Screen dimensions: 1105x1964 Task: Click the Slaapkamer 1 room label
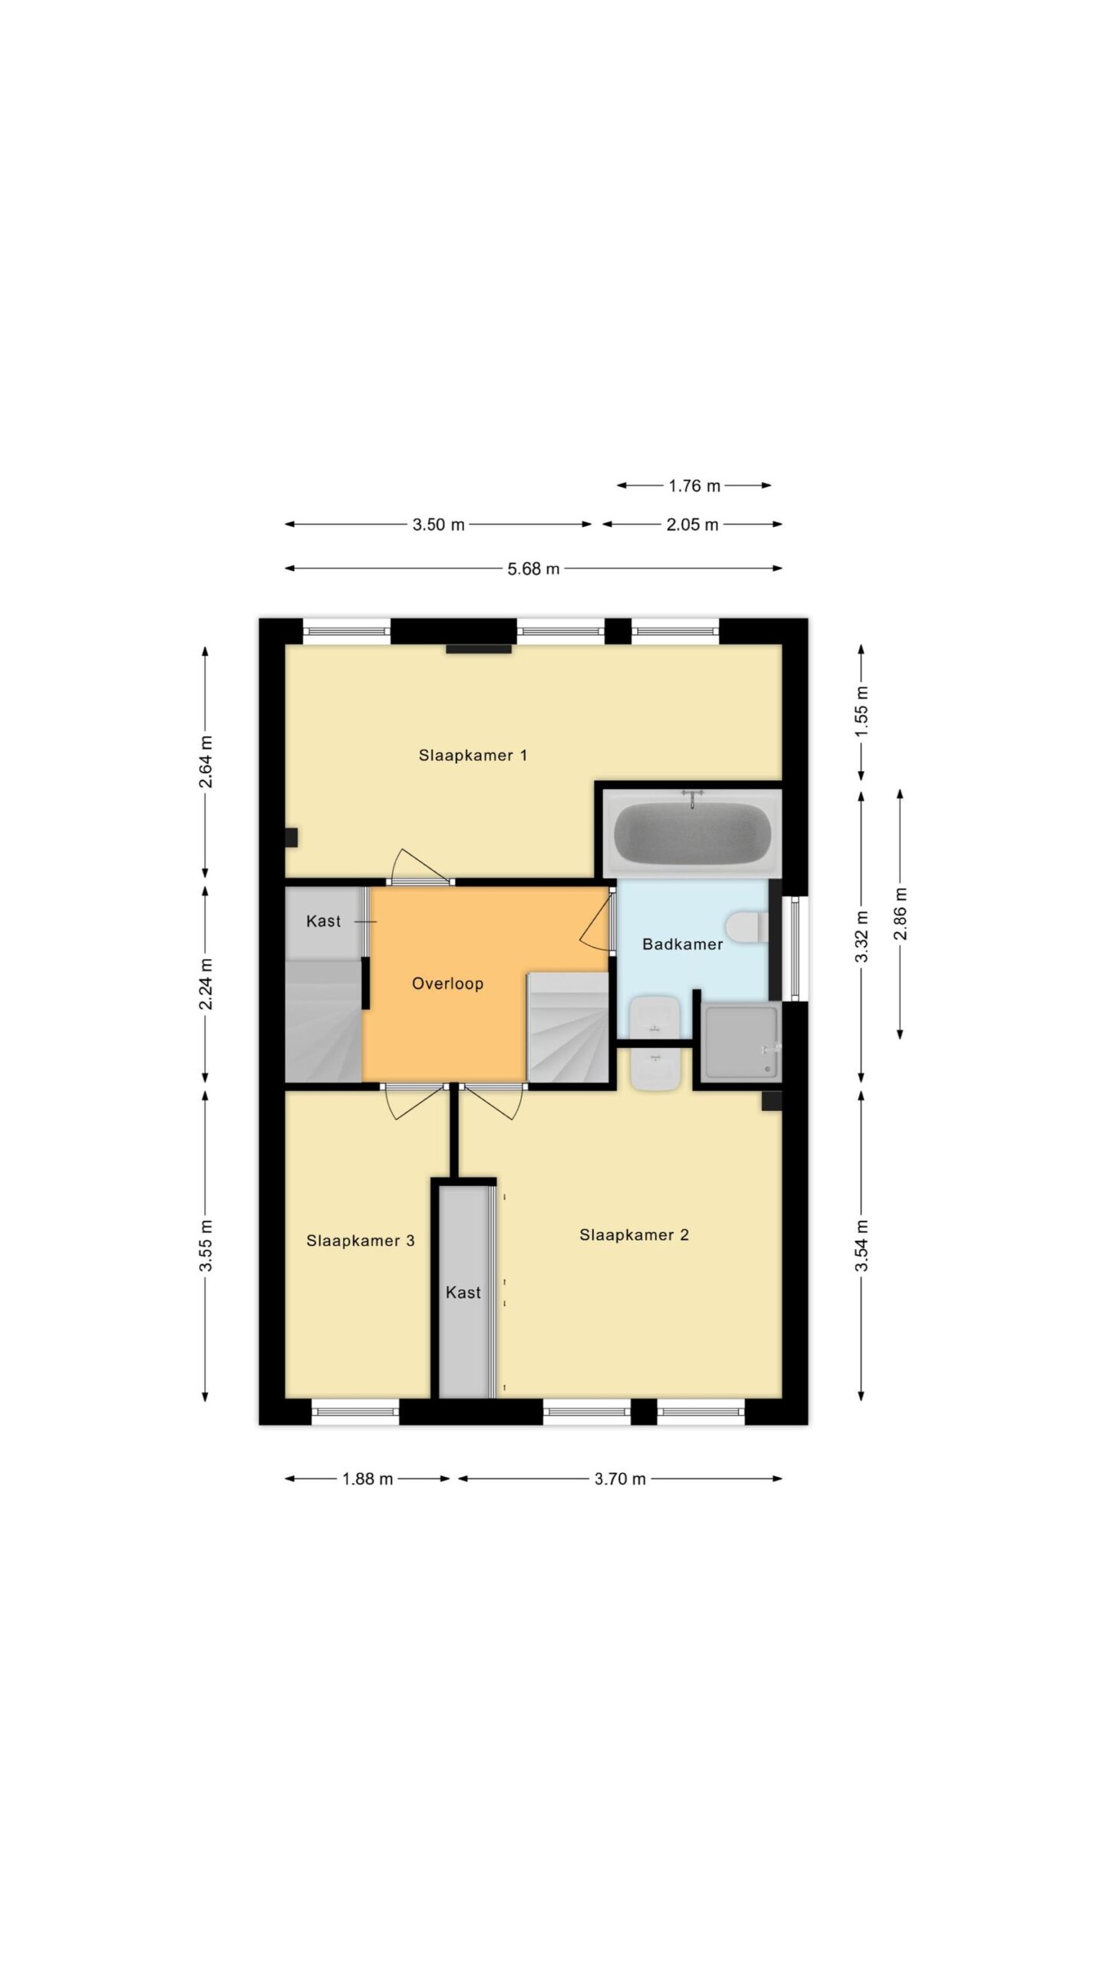tap(473, 755)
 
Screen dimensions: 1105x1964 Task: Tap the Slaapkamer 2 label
tap(634, 1234)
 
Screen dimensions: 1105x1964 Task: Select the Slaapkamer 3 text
tap(361, 1241)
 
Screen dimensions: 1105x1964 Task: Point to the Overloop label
tap(447, 984)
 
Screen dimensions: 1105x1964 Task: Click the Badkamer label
tap(682, 944)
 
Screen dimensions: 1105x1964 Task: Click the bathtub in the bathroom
tap(692, 833)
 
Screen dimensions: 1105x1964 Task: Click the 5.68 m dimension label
tap(533, 568)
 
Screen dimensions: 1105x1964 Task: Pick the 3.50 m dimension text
tap(438, 525)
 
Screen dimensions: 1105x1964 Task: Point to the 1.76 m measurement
tap(694, 486)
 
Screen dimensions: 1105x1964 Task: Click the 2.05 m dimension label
tap(692, 525)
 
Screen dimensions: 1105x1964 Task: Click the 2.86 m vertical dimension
tap(900, 914)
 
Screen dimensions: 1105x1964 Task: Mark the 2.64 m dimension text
tap(206, 762)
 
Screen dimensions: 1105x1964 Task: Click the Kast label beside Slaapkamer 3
tap(463, 1293)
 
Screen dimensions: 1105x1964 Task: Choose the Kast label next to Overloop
tap(323, 921)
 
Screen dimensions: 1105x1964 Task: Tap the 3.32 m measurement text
tap(862, 936)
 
